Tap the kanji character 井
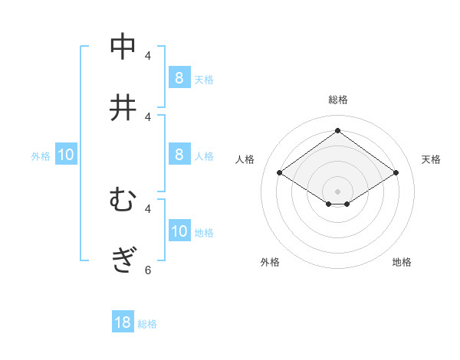coord(123,108)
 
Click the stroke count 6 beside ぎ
coord(148,270)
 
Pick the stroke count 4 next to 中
coord(148,55)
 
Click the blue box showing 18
coord(123,322)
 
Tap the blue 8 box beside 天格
coord(179,77)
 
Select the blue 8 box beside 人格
coord(179,155)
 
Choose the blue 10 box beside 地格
coord(179,231)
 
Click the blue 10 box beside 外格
coord(66,155)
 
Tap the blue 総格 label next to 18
coord(147,324)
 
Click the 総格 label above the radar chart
coord(337,100)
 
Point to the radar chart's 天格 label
coord(431,159)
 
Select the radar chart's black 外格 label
coord(270,262)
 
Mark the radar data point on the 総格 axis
coord(337,130)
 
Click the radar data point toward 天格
coord(396,173)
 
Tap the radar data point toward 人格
coord(279,173)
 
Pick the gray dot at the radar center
coord(337,190)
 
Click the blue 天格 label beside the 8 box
coord(204,79)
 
